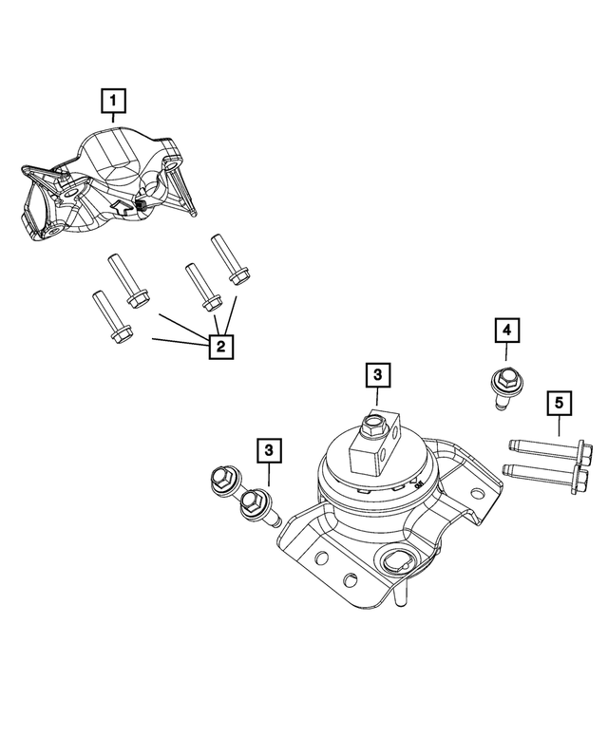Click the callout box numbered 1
pos(113,99)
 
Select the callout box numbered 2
pos(219,347)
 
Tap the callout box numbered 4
pos(506,330)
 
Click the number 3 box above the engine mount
pos(377,376)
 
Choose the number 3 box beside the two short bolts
pos(269,448)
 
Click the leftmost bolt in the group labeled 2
pos(106,316)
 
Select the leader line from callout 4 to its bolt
pos(505,356)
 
